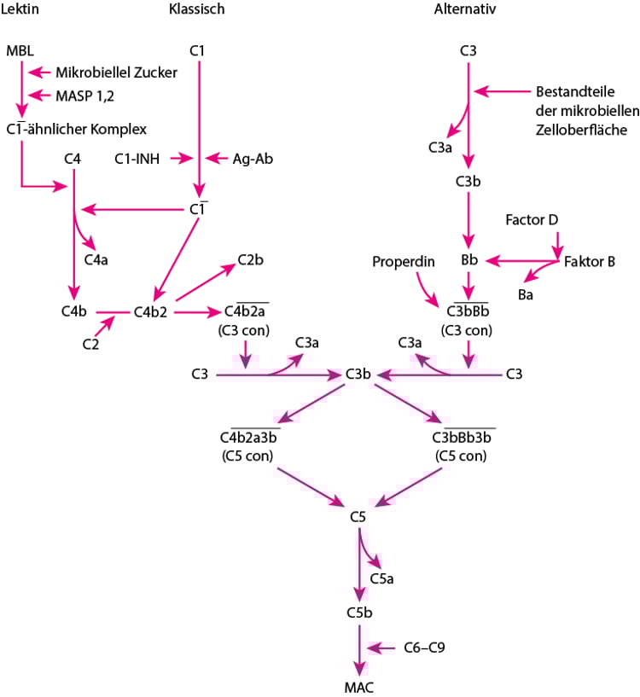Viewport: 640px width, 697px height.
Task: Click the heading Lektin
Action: pos(21,9)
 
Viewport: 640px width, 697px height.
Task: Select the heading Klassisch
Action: pos(198,9)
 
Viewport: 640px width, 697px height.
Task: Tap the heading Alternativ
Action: pos(465,9)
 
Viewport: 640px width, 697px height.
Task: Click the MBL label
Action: pos(19,51)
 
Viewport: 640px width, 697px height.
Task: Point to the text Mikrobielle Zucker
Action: pos(116,73)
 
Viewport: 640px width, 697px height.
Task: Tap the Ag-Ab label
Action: pos(253,158)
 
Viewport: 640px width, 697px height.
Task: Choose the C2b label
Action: pos(251,259)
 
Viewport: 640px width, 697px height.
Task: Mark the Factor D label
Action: pos(531,220)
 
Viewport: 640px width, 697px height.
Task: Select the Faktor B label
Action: pos(590,261)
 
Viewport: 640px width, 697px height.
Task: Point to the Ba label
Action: pos(526,293)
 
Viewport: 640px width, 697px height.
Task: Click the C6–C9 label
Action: pos(424,648)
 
